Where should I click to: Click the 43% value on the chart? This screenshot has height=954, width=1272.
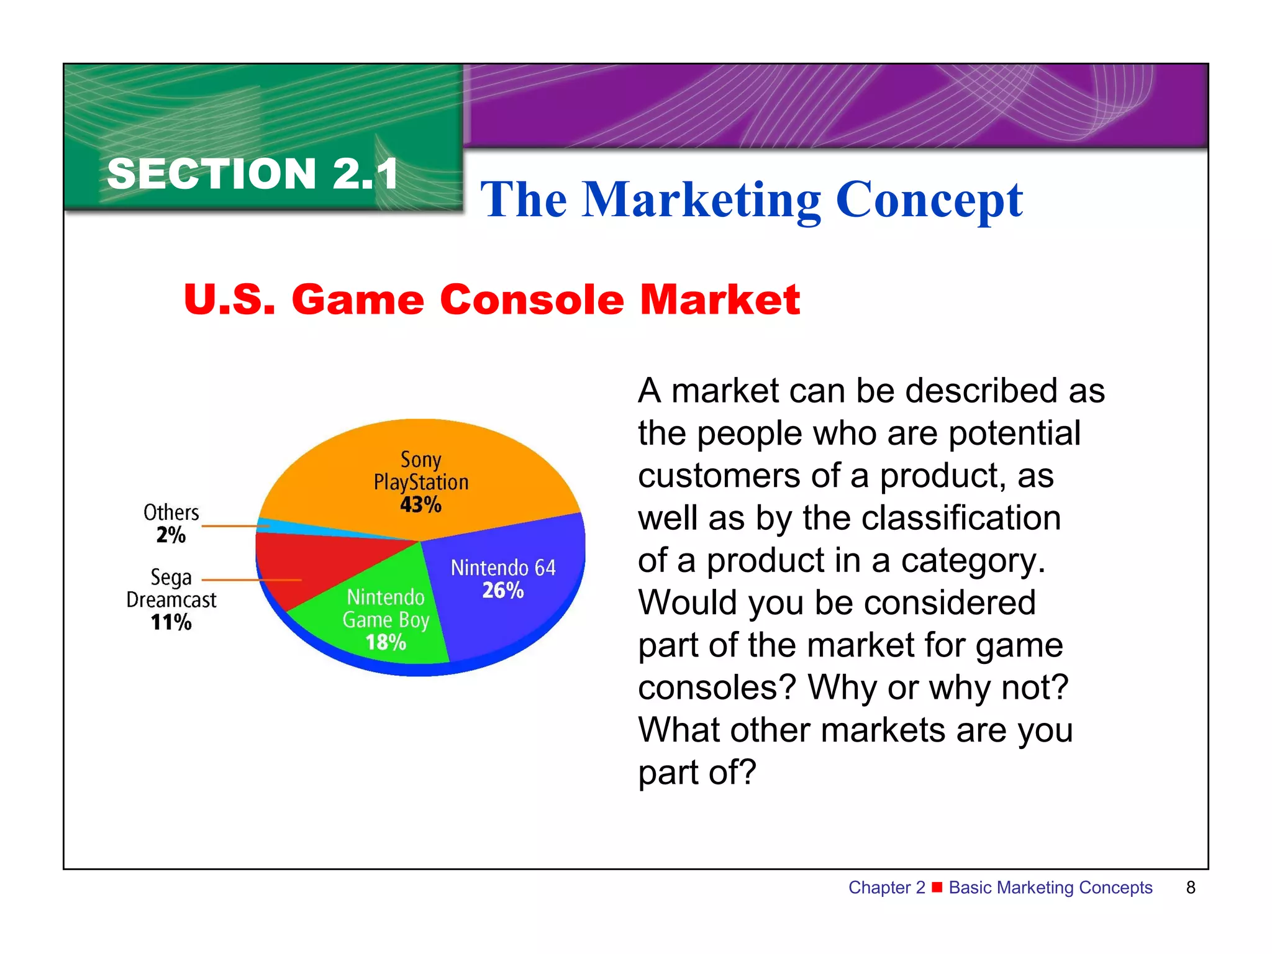coord(420,504)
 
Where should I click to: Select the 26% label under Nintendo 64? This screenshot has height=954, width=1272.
coord(503,590)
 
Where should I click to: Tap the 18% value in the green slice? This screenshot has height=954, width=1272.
coord(386,642)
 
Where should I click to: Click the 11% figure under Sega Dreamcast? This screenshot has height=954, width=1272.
coord(171,622)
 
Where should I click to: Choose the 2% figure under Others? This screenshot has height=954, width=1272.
coord(171,535)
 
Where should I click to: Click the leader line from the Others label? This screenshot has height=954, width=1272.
coord(233,526)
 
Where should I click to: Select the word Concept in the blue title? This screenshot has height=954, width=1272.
coord(929,200)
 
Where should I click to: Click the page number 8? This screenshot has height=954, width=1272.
coord(1190,888)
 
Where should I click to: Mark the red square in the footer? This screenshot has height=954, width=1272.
coord(937,886)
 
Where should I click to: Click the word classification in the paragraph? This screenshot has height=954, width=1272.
coord(932,518)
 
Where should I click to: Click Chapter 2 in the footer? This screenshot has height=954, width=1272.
coord(886,888)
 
